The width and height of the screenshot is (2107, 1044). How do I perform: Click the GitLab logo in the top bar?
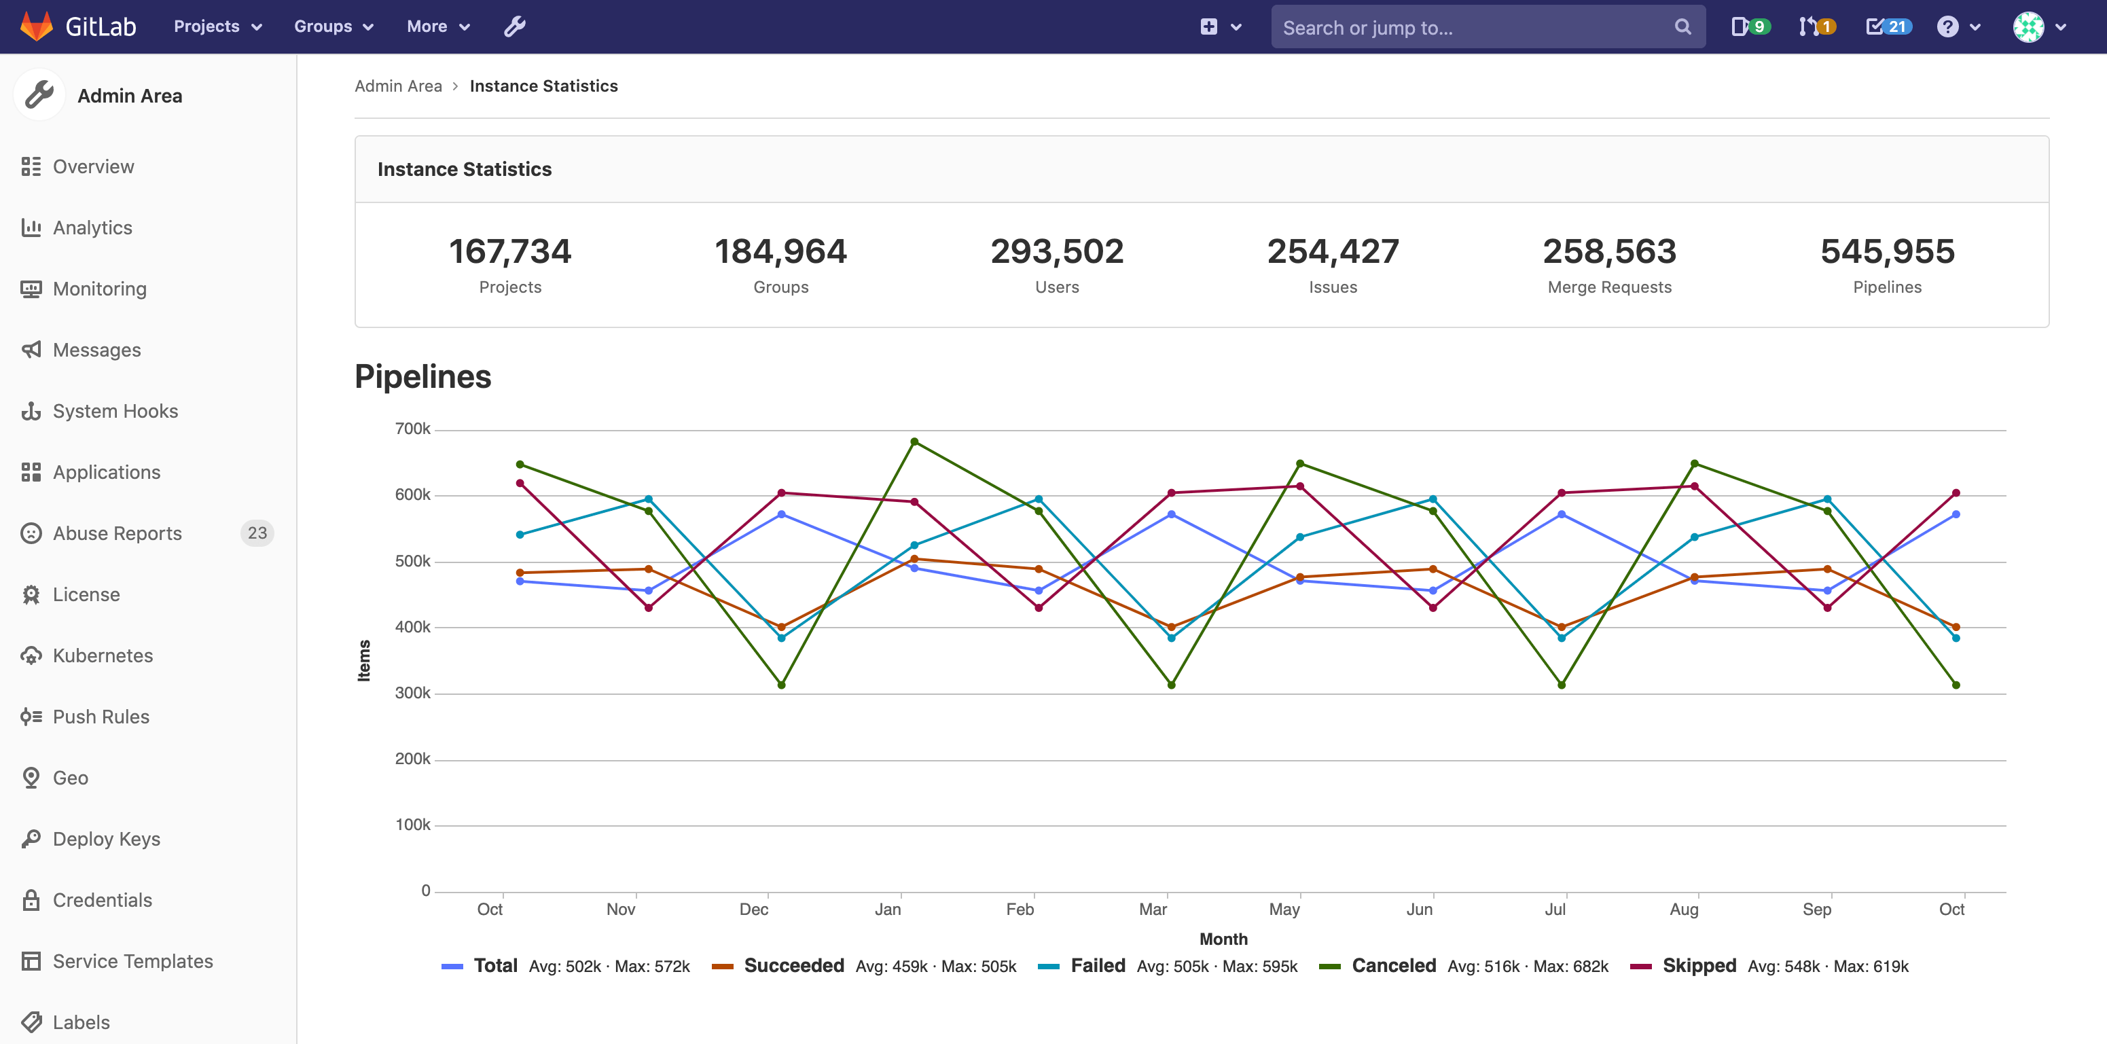click(x=77, y=26)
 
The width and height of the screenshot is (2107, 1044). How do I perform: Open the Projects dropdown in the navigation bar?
click(x=217, y=26)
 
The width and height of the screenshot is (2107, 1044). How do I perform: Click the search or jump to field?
click(x=1473, y=27)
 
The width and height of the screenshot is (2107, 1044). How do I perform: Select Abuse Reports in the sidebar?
click(x=117, y=533)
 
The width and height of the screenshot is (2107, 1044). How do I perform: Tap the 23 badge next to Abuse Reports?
click(x=257, y=533)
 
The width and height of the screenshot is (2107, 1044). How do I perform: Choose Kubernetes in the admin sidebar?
click(x=103, y=655)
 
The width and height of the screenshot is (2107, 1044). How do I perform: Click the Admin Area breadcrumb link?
click(x=398, y=86)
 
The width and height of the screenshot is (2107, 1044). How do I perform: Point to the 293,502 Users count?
click(x=1057, y=251)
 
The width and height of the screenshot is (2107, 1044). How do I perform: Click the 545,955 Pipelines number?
click(x=1887, y=251)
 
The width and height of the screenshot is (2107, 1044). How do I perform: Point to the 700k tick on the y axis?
click(x=412, y=429)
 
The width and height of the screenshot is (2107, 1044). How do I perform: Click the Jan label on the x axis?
click(x=888, y=909)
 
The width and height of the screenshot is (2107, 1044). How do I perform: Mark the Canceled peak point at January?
click(x=914, y=442)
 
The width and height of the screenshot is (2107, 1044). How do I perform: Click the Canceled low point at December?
click(x=781, y=685)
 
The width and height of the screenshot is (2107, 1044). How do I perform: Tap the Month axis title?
click(x=1223, y=939)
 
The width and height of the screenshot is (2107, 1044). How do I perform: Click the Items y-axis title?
click(x=364, y=660)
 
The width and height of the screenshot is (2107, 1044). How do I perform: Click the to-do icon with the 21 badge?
click(x=1887, y=26)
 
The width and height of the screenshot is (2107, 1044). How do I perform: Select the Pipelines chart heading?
click(x=423, y=376)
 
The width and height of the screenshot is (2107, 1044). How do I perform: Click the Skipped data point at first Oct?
click(x=520, y=484)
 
